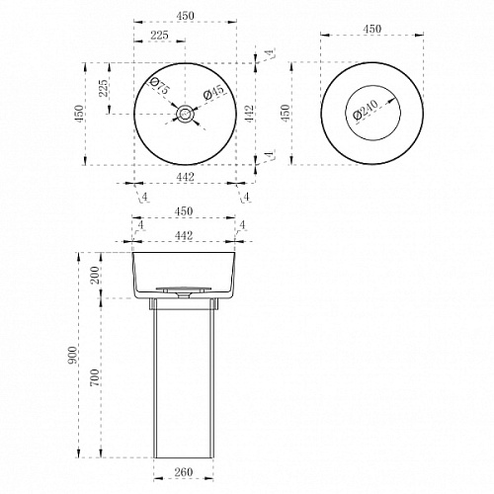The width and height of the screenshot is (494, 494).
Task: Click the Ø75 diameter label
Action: (x=160, y=86)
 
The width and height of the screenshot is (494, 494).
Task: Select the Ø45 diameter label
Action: (x=213, y=92)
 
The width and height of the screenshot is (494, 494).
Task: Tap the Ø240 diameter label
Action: (x=366, y=110)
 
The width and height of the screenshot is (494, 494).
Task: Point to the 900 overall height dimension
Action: (x=73, y=355)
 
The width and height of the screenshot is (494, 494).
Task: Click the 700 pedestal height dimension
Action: (x=95, y=377)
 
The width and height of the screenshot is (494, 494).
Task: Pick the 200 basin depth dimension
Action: (x=95, y=275)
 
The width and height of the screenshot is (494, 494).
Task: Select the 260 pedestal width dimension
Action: (x=184, y=472)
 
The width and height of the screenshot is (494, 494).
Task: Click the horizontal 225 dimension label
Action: (x=159, y=36)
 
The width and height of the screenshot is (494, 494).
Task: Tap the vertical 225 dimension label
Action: (x=104, y=88)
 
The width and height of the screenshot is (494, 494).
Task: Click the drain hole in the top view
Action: (x=185, y=114)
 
